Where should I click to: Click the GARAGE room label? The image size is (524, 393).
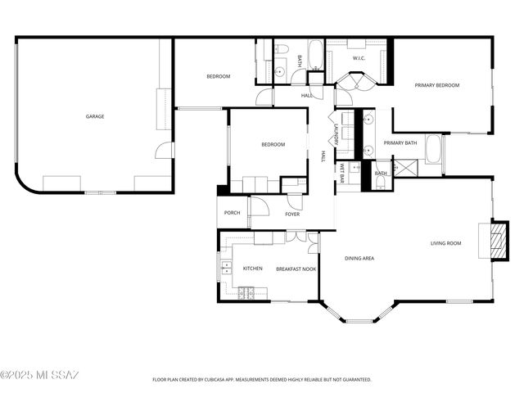tap(95, 116)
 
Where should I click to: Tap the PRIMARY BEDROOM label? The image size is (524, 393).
tap(436, 85)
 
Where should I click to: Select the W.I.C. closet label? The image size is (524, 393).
tap(359, 58)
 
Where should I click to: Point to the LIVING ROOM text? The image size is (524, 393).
tap(446, 242)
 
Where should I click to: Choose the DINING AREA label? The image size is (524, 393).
tap(359, 259)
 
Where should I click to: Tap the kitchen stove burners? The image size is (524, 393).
tap(246, 292)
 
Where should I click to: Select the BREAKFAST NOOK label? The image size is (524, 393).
tap(296, 269)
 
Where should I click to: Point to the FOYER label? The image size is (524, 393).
tap(292, 215)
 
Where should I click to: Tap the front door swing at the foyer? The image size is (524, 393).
tap(260, 206)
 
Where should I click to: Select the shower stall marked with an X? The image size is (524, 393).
tap(405, 168)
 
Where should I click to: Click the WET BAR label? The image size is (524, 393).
tap(342, 173)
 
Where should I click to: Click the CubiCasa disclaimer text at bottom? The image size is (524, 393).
tap(262, 380)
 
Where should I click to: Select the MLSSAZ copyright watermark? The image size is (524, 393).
tap(40, 375)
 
